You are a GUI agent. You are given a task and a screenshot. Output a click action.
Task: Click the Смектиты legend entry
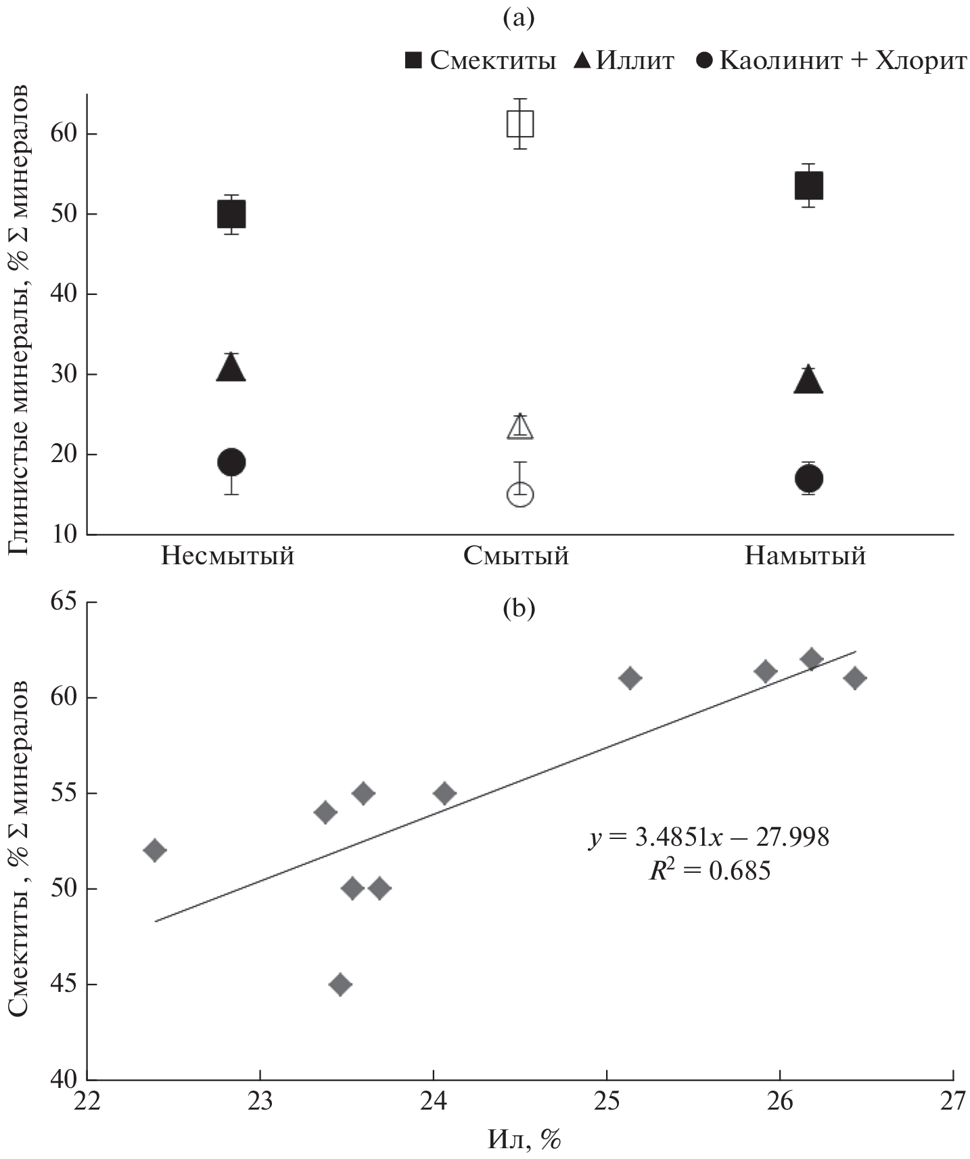(x=480, y=61)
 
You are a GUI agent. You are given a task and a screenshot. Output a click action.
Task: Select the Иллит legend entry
(x=624, y=61)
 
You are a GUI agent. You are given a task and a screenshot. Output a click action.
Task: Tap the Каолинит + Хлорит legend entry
(x=831, y=61)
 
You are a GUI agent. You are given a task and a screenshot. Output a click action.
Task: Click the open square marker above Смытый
(x=520, y=124)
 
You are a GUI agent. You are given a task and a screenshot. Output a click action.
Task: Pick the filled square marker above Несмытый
(x=231, y=214)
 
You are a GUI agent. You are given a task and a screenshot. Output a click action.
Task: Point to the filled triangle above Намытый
(x=808, y=381)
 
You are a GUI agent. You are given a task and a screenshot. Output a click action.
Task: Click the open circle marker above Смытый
(x=520, y=495)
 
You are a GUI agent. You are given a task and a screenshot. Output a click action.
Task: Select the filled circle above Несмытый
(x=231, y=463)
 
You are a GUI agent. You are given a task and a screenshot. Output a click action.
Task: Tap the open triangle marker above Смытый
(x=520, y=427)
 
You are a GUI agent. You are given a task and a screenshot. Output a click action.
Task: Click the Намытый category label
(x=805, y=556)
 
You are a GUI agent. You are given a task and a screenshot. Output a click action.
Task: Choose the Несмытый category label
(x=228, y=556)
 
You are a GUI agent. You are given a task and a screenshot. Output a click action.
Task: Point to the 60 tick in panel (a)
(x=64, y=134)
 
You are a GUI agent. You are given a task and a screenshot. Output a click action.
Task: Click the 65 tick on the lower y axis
(x=64, y=602)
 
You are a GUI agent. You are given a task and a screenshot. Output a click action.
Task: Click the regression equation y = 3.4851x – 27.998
(x=708, y=838)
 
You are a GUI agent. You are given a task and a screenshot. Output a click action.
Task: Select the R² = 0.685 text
(x=710, y=870)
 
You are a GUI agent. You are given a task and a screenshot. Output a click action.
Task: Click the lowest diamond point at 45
(x=341, y=984)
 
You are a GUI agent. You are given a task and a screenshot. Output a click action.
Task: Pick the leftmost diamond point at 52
(x=155, y=850)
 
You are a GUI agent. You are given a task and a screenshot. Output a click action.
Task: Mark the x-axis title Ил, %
(x=524, y=1140)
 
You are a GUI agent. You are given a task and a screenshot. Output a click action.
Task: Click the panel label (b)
(x=518, y=609)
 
